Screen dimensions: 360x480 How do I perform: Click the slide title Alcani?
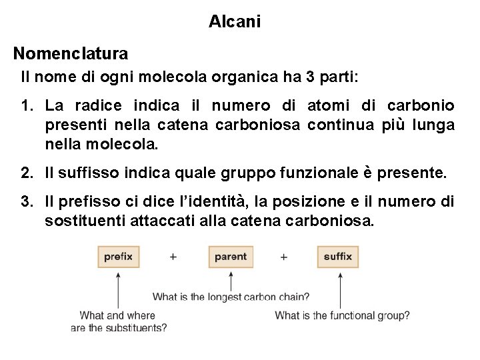[x=235, y=22]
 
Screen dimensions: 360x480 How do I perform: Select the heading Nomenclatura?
[x=71, y=52]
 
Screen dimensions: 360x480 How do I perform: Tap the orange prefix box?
[x=118, y=257]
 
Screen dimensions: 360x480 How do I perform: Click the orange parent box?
[x=231, y=257]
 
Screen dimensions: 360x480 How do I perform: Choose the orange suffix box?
[x=338, y=257]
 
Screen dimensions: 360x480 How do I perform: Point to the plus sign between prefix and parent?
[x=173, y=257]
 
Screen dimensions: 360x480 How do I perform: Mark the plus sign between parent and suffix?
[x=284, y=257]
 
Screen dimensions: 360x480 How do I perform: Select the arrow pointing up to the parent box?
[x=231, y=278]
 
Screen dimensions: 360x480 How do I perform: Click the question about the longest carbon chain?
[x=231, y=297]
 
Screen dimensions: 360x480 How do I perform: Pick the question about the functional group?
[x=342, y=315]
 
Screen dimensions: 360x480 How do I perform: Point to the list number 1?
[x=26, y=106]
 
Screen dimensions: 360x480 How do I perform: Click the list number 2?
[x=26, y=174]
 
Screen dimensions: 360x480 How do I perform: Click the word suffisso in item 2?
[x=90, y=174]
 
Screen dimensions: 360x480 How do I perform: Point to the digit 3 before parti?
[x=309, y=77]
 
